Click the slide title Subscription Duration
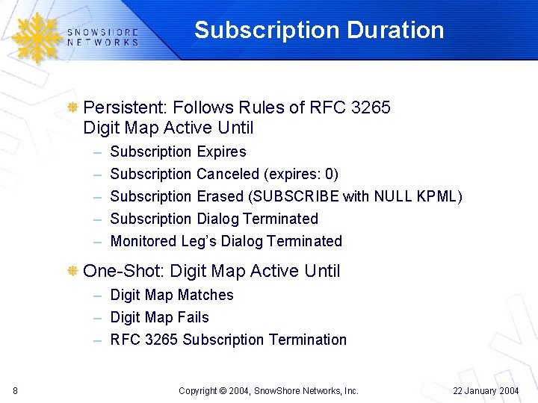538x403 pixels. (319, 30)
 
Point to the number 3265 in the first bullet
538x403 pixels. (371, 107)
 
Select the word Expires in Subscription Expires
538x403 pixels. (221, 151)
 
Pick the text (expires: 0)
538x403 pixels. (301, 174)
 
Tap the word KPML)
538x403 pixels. (439, 196)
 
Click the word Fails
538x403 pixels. (192, 317)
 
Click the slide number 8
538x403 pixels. (16, 390)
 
